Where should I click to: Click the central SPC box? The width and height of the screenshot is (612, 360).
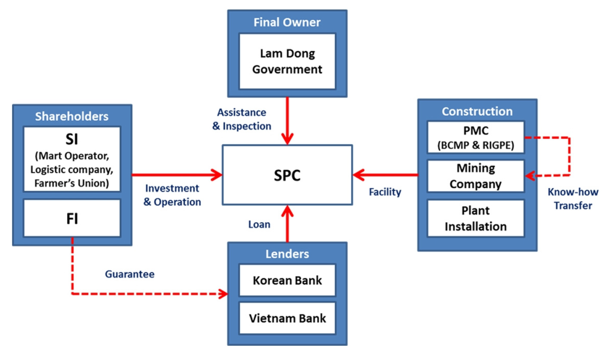(x=287, y=174)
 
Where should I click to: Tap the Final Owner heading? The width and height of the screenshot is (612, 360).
(x=287, y=22)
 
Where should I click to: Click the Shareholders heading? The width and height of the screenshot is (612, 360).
(x=72, y=116)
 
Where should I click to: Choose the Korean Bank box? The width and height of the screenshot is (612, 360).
(x=287, y=281)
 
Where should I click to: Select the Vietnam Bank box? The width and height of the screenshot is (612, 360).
(x=287, y=318)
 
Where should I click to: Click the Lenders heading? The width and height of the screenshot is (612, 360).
(x=287, y=253)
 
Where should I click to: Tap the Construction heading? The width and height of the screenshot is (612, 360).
(x=477, y=111)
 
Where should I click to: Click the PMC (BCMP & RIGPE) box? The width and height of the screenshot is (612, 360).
(x=476, y=137)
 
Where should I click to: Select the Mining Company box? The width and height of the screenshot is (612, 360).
(x=476, y=176)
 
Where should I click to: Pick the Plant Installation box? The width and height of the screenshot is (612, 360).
(x=476, y=218)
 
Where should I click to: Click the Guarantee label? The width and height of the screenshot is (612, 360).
(x=129, y=274)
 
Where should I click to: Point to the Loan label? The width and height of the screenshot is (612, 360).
(x=259, y=224)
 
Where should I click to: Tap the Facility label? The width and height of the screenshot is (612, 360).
(x=385, y=192)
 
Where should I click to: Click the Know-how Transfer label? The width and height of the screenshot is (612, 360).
(x=572, y=198)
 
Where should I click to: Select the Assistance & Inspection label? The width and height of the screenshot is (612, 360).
(x=244, y=119)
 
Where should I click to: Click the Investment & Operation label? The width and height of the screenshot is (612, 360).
(x=172, y=195)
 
